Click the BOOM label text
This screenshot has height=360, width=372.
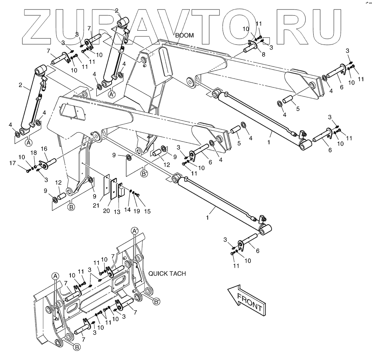[x=184, y=35]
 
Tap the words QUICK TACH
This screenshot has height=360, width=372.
[x=167, y=273]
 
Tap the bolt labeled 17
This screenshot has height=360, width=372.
[x=28, y=170]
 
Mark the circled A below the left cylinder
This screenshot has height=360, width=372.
[x=28, y=142]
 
